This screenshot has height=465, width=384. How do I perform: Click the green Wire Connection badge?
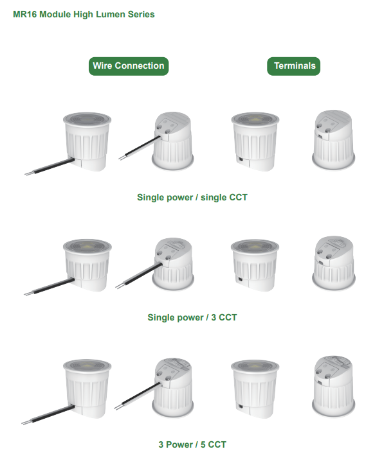click(x=129, y=66)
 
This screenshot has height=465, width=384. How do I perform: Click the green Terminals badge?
click(x=294, y=66)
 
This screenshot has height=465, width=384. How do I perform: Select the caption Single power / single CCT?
click(x=192, y=197)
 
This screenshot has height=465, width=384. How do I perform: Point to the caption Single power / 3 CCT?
click(x=192, y=317)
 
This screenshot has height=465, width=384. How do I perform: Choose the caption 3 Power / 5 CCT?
click(x=192, y=444)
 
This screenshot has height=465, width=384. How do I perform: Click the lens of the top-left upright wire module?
click(x=87, y=119)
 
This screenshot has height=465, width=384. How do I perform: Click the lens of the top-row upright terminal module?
click(x=255, y=119)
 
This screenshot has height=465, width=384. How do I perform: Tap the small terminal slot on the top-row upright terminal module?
click(x=240, y=159)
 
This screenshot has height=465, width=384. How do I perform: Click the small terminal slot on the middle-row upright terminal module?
click(x=240, y=279)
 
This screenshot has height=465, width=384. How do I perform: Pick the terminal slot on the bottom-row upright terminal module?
click(x=240, y=407)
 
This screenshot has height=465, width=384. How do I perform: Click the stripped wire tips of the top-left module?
click(x=29, y=173)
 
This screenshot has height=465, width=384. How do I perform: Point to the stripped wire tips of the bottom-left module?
click(x=26, y=422)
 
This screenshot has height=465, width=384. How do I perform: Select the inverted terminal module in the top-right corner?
click(x=334, y=140)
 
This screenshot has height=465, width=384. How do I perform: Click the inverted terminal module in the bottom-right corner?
click(x=334, y=386)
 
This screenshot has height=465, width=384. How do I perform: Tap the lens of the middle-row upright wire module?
click(x=87, y=246)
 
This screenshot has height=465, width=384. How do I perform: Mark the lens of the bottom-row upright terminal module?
click(x=255, y=367)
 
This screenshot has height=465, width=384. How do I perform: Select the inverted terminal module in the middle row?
click(x=334, y=263)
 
